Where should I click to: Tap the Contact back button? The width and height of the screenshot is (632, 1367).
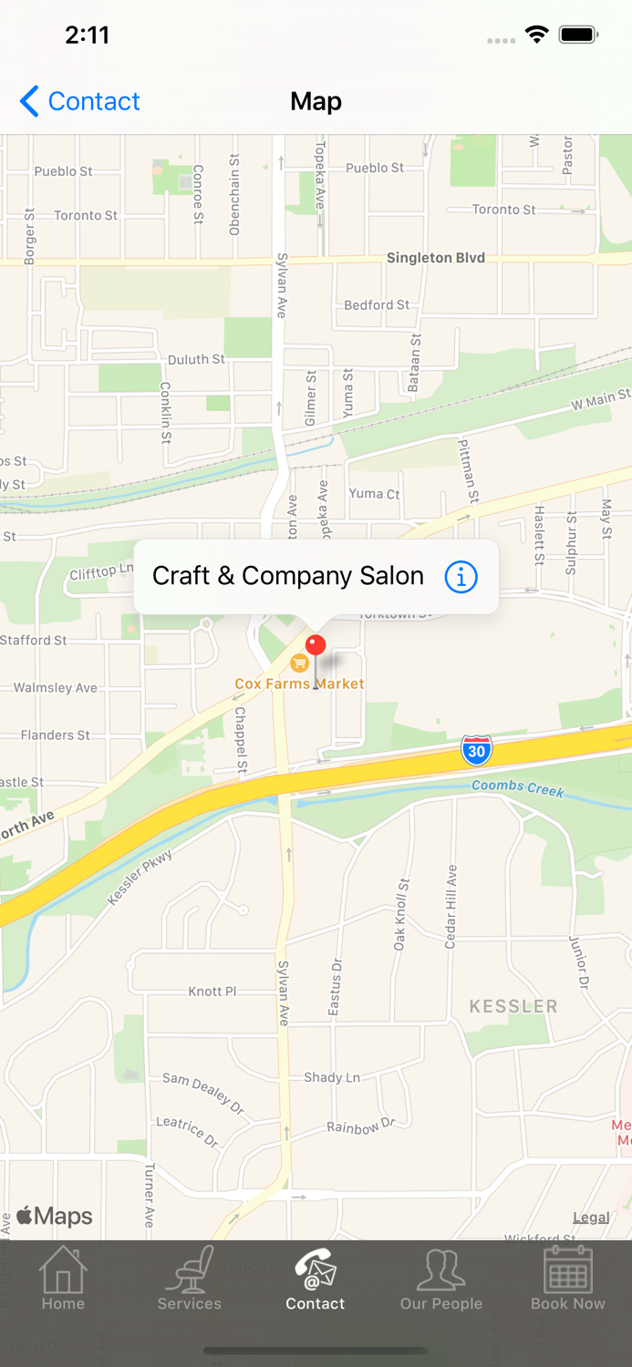[x=80, y=101]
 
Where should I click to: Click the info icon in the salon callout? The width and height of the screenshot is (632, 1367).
[x=461, y=577]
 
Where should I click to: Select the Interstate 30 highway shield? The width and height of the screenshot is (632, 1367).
[x=476, y=750]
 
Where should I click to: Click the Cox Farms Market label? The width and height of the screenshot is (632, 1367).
[x=299, y=683]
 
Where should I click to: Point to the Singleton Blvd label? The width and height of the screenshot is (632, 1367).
[x=435, y=258]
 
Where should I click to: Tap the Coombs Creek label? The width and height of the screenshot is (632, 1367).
[x=518, y=787]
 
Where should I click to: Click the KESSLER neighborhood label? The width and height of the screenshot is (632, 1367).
[x=513, y=1006]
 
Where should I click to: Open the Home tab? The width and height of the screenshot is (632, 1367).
[x=63, y=1278]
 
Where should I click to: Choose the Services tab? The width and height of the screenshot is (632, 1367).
[x=189, y=1278]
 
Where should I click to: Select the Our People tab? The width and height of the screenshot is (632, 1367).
[x=441, y=1278]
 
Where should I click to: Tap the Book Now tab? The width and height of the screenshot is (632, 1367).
[x=567, y=1278]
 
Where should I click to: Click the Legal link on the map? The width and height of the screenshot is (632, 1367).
[x=591, y=1218]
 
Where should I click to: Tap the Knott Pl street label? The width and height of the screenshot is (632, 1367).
[x=212, y=992]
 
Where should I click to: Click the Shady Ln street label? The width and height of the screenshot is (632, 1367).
[x=332, y=1077]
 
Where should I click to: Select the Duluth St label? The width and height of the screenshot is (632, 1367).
[x=196, y=360]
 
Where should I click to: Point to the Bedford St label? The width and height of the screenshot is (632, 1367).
[x=377, y=305]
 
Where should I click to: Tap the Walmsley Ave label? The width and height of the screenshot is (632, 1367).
[x=55, y=688]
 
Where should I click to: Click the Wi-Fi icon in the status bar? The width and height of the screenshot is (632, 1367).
[x=536, y=36]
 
